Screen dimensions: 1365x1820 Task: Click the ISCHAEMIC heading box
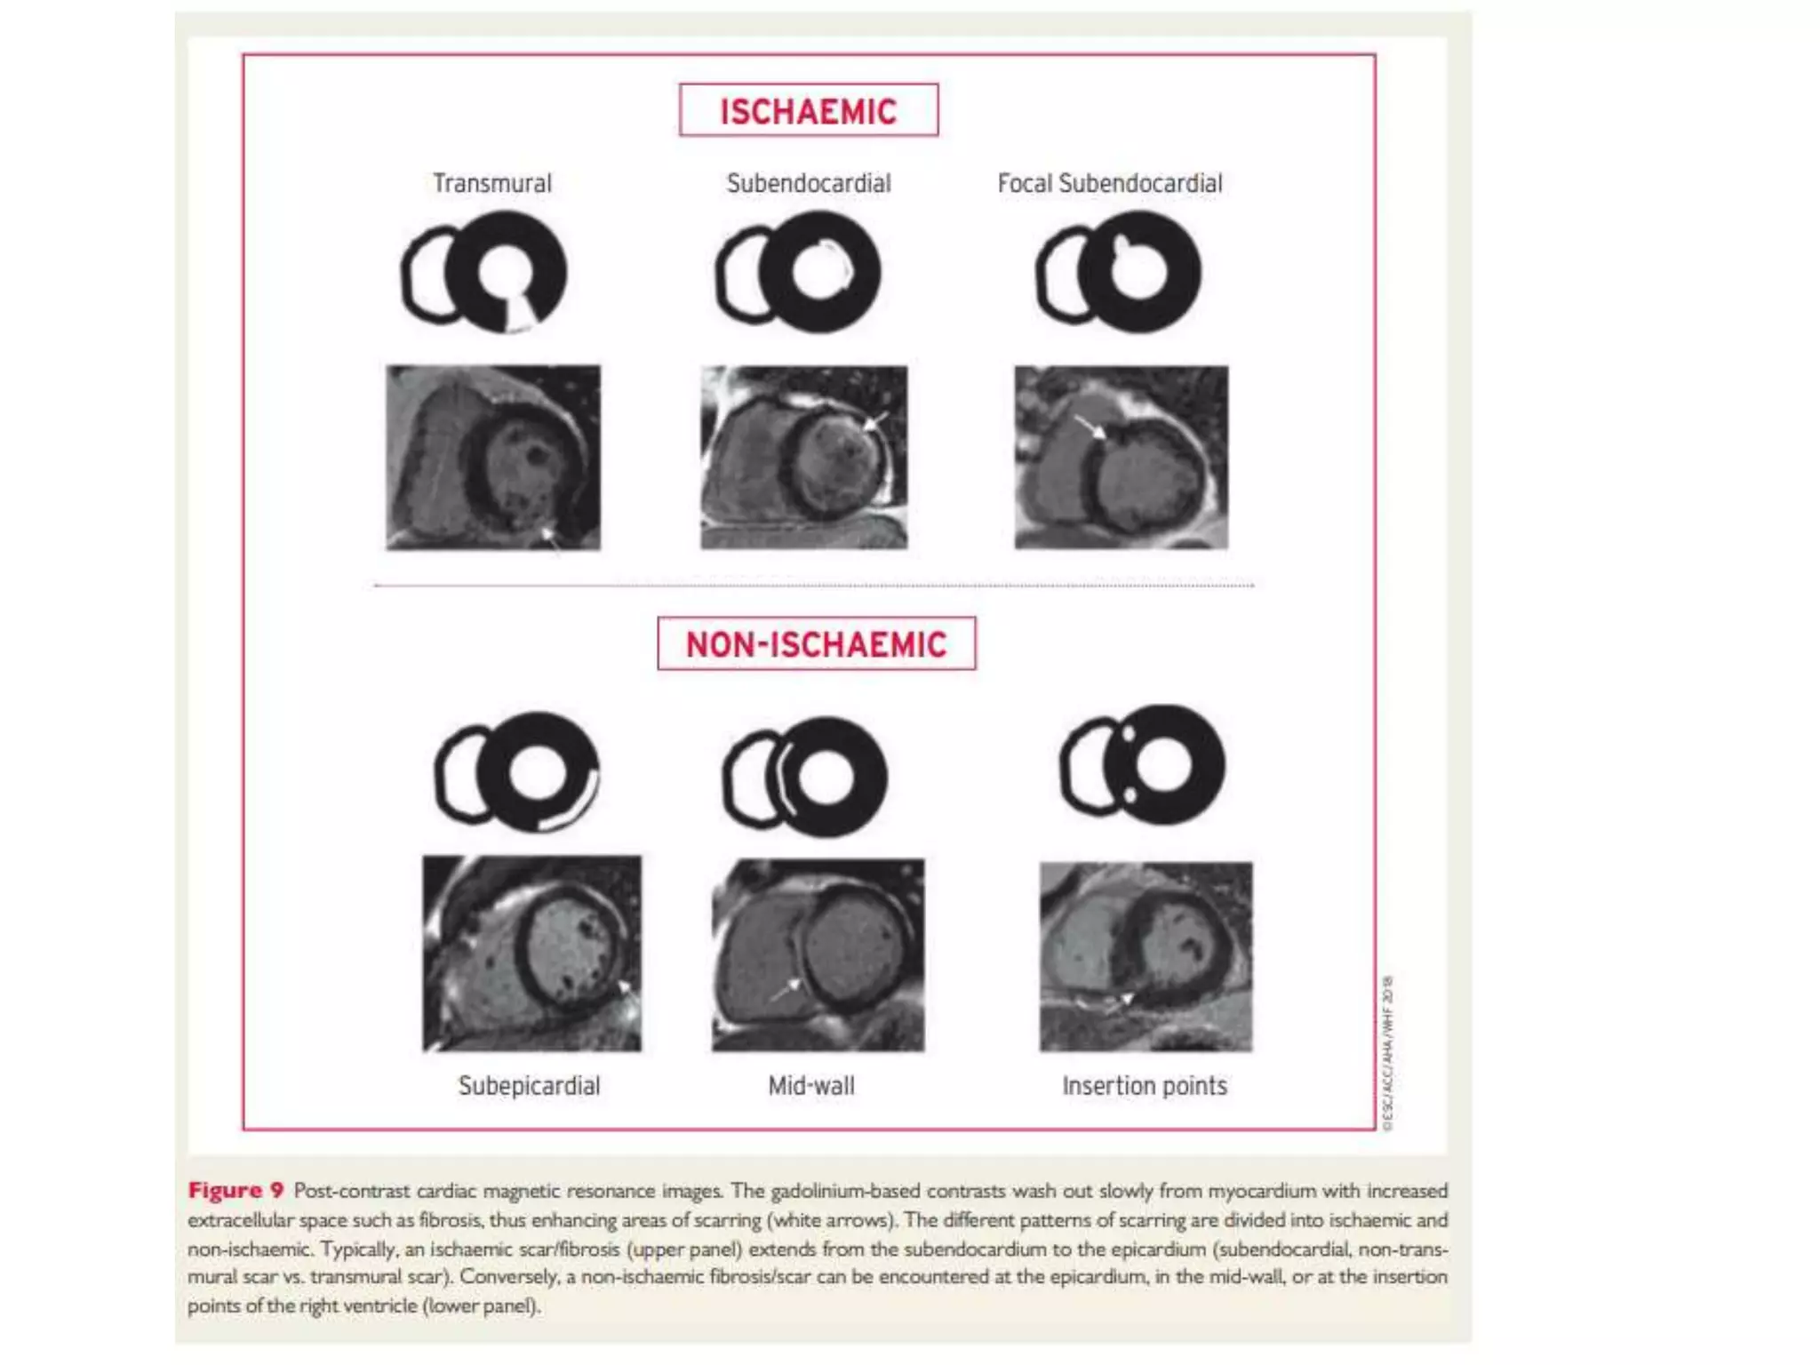(808, 110)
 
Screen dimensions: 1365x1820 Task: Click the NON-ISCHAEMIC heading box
(816, 643)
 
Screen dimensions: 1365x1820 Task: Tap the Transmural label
(491, 183)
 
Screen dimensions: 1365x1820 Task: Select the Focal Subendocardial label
(1109, 183)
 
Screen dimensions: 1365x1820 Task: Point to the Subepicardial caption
(529, 1085)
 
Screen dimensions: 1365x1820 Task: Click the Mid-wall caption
(810, 1085)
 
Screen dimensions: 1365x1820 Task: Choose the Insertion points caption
(1144, 1085)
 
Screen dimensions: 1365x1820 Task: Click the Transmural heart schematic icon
(484, 272)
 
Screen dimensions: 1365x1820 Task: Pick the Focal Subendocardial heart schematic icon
(1119, 272)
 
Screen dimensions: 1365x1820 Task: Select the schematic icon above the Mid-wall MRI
(805, 777)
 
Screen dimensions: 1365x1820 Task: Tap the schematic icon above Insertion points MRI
(1143, 765)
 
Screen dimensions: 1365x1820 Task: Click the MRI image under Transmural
(492, 457)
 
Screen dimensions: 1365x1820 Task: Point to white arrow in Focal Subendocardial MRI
(1090, 427)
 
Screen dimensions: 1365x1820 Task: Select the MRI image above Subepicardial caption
(531, 953)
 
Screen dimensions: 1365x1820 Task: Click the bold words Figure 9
(235, 1190)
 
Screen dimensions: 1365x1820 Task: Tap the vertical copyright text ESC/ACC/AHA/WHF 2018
(1388, 1053)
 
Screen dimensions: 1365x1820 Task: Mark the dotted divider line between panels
(813, 586)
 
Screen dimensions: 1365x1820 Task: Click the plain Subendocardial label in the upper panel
(808, 183)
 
